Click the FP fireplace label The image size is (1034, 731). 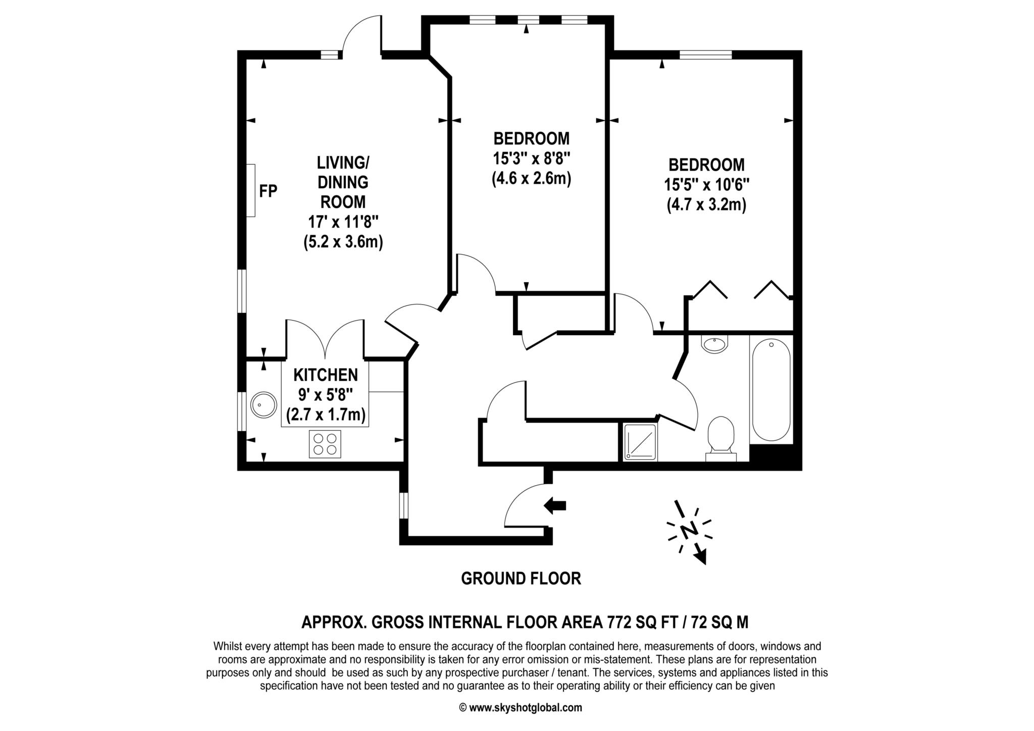[268, 191]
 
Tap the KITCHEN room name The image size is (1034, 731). [326, 375]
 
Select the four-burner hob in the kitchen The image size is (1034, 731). [325, 444]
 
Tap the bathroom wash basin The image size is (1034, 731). [714, 344]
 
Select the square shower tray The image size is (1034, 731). [640, 442]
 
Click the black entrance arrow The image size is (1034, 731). [555, 505]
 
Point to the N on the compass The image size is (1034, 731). [689, 530]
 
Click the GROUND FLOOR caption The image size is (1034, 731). [521, 579]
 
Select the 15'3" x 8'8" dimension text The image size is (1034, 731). [532, 159]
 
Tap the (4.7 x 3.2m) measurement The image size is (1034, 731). [706, 205]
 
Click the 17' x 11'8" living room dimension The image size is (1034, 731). [343, 222]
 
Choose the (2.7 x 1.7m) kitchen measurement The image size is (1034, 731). [326, 415]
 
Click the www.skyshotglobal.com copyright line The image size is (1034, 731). [521, 708]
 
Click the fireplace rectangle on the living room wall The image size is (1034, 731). [250, 190]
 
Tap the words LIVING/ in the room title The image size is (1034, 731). [343, 163]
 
